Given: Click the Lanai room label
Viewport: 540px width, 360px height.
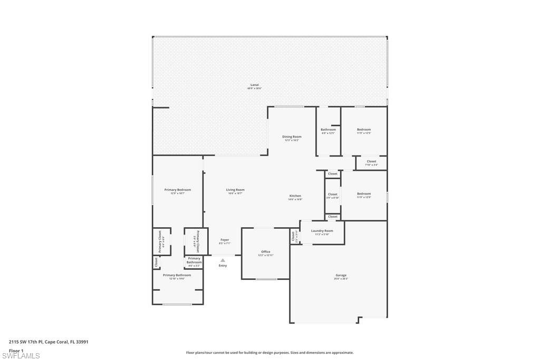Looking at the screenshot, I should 254,85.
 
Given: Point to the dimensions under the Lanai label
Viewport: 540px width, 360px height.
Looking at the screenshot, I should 254,88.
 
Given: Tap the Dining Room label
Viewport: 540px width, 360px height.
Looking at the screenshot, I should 292,137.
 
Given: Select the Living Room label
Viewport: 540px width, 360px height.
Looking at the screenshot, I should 235,190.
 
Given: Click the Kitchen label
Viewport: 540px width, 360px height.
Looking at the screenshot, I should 295,196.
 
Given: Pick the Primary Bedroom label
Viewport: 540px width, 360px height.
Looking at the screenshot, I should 177,190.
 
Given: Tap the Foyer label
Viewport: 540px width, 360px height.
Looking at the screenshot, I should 225,240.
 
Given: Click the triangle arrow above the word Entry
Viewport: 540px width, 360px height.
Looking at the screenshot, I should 223,260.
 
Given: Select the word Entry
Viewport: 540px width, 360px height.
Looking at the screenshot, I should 223,265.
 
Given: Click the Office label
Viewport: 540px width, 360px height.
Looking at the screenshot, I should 265,251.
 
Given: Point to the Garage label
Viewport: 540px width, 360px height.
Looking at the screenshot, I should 341,275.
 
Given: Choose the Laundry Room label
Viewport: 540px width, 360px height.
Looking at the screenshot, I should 322,231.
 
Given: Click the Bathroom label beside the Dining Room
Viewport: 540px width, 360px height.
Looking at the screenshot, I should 328,130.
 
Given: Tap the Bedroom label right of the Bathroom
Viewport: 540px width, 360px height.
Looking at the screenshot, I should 363,130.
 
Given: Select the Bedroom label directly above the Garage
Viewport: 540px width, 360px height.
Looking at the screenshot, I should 363,193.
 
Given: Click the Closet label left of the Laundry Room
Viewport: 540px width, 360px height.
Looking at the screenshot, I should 294,236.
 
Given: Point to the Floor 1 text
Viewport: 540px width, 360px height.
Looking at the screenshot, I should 16,350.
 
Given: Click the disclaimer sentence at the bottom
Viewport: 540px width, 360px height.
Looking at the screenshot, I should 269,353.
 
